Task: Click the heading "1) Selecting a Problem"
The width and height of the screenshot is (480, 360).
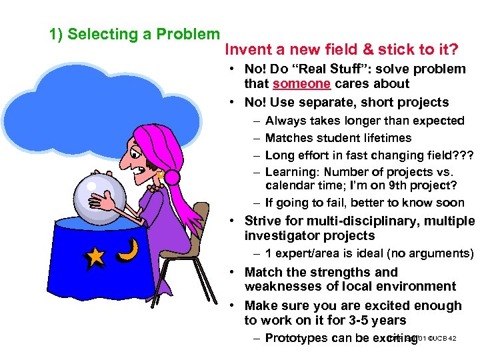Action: click(135, 34)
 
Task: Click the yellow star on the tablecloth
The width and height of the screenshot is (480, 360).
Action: click(95, 256)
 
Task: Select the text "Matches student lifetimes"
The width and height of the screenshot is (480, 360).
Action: click(338, 138)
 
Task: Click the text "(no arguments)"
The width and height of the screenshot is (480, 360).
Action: click(433, 253)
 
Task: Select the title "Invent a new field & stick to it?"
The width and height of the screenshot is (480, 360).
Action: click(341, 49)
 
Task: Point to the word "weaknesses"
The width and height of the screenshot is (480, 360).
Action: click(278, 287)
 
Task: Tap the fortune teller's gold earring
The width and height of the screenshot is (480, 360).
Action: click(161, 176)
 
